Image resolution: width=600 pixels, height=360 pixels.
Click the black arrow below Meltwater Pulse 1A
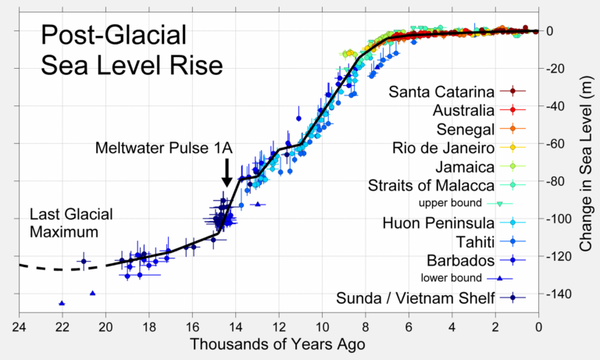(x=227, y=172)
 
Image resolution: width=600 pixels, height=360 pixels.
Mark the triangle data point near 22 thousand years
(x=62, y=303)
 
